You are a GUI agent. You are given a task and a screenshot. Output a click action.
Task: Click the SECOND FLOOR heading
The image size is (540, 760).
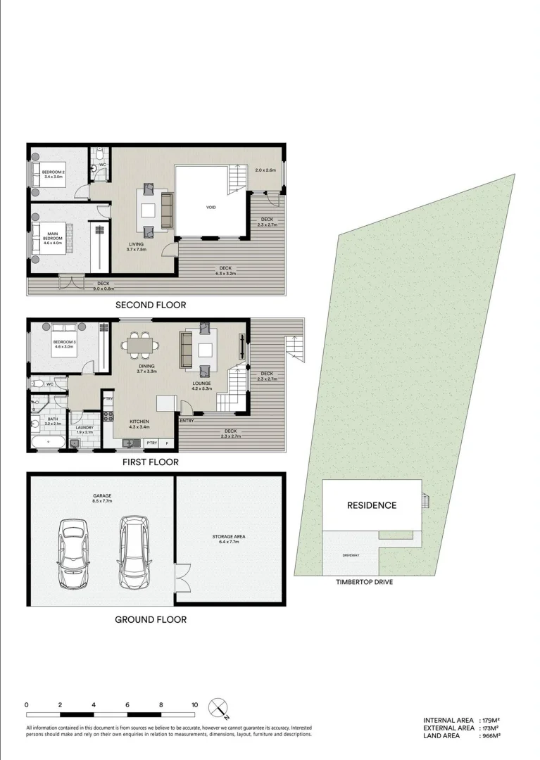click(151, 305)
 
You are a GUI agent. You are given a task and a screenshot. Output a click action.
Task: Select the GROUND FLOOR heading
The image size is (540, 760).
click(151, 619)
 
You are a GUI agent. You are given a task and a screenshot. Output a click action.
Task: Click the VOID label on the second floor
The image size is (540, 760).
click(211, 208)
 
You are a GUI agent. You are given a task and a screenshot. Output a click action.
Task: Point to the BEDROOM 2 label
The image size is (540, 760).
click(53, 174)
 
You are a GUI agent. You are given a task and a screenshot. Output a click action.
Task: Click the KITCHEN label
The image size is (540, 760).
click(138, 424)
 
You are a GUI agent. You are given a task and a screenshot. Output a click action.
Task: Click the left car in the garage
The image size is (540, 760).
click(73, 554)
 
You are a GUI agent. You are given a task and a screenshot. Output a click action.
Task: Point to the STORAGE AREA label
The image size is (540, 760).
click(229, 539)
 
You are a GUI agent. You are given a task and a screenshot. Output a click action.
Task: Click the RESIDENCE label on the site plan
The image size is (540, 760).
click(371, 505)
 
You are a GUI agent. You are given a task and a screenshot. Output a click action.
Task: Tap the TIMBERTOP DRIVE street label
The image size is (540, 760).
click(364, 582)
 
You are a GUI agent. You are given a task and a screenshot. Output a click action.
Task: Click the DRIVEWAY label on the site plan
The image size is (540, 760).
click(351, 556)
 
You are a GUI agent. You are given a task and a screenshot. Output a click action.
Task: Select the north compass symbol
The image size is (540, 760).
click(220, 707)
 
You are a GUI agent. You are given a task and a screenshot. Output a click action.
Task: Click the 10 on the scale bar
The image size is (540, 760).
click(194, 704)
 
